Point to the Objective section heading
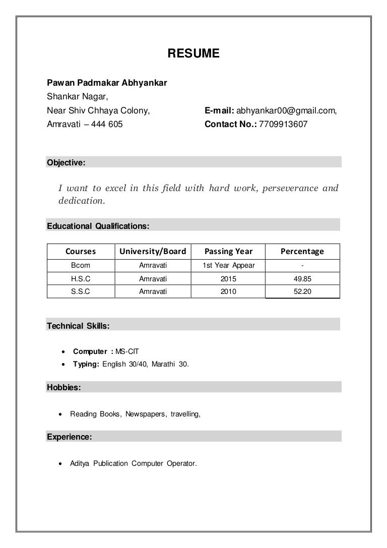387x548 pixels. (x=66, y=162)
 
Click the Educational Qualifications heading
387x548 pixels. (x=98, y=226)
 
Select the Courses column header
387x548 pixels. (x=81, y=251)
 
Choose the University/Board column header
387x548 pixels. (x=153, y=251)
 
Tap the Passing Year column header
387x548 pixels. (x=228, y=251)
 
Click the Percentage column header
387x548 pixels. (x=302, y=251)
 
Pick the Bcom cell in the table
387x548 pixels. (x=81, y=265)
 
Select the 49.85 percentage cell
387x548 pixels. (x=302, y=278)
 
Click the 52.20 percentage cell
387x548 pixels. (x=302, y=291)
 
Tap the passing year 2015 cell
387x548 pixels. (x=228, y=278)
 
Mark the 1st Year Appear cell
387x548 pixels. (x=228, y=265)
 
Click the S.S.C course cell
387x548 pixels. (x=81, y=291)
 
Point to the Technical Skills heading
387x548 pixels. (x=78, y=326)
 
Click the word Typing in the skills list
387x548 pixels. (x=86, y=363)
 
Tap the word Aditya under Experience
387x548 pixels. (x=81, y=463)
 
